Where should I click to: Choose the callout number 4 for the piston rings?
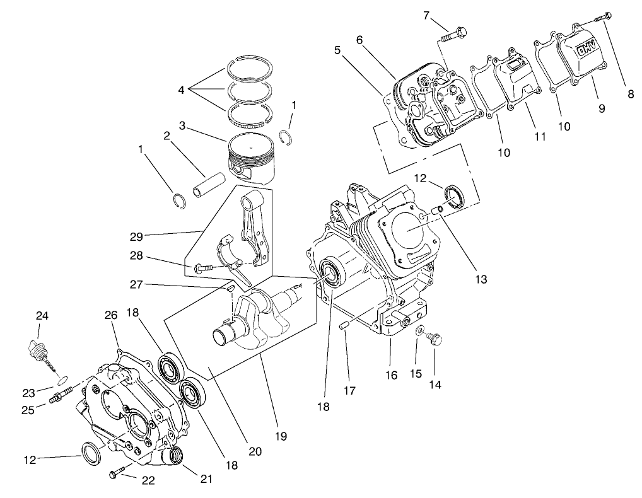point(182,90)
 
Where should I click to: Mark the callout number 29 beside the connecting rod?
point(136,236)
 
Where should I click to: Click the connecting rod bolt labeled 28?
point(201,269)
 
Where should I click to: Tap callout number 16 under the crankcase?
point(391,375)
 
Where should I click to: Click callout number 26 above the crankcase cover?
point(110,315)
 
